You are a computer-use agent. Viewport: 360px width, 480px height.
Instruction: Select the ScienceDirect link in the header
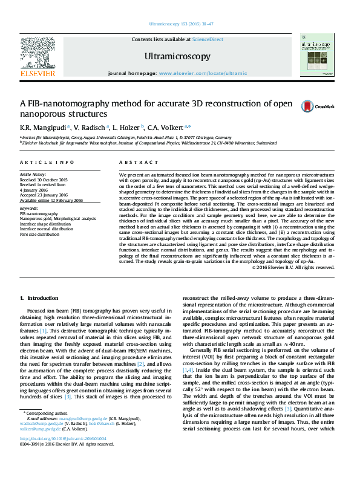point(208,39)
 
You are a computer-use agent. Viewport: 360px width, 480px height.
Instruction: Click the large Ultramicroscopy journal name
point(177,56)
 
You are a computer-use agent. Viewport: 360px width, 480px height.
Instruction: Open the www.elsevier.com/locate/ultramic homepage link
point(203,73)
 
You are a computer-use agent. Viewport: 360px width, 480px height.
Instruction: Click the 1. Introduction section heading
point(39,298)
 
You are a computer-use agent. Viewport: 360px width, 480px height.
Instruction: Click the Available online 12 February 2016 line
point(52,200)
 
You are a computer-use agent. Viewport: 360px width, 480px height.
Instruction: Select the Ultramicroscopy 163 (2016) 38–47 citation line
point(180,25)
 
